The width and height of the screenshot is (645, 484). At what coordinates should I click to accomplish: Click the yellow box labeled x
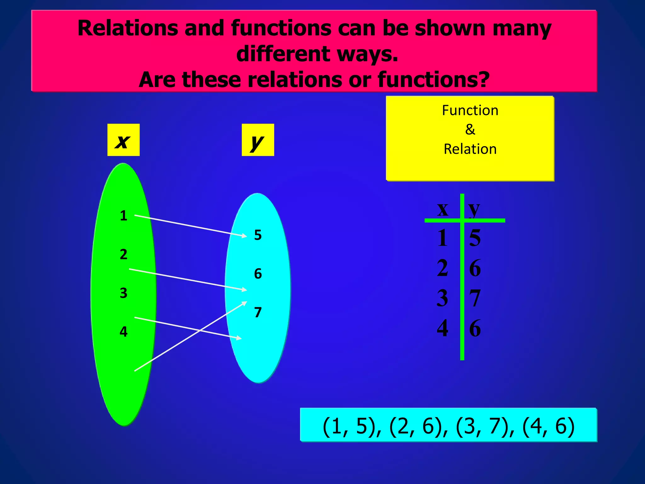point(123,140)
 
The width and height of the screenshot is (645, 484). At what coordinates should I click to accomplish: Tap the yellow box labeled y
point(258,140)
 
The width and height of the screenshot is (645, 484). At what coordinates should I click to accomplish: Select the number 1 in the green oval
point(123,216)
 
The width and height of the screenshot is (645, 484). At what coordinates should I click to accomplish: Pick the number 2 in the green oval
point(123,254)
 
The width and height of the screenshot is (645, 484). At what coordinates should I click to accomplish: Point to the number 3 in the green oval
point(123,293)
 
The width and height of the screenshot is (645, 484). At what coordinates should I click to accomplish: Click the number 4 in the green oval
point(123,332)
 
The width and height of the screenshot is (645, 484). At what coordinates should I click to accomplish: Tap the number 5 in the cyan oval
point(258,235)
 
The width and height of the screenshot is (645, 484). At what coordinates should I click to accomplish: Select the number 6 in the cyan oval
point(258,274)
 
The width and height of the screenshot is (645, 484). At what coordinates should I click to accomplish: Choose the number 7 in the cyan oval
point(258,313)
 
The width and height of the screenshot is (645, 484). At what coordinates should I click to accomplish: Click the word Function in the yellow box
point(470,111)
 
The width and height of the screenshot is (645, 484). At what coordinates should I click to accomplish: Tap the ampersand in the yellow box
point(470,130)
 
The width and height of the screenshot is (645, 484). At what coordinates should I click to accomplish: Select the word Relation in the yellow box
point(470,149)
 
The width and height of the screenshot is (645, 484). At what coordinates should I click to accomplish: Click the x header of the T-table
point(443,209)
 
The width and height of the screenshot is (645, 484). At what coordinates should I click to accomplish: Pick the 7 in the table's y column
point(475,298)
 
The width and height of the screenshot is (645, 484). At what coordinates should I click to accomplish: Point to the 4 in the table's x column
point(442,328)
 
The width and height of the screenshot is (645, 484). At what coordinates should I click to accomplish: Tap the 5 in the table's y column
point(475,238)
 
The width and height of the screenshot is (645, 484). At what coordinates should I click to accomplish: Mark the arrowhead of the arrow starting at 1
point(244,235)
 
